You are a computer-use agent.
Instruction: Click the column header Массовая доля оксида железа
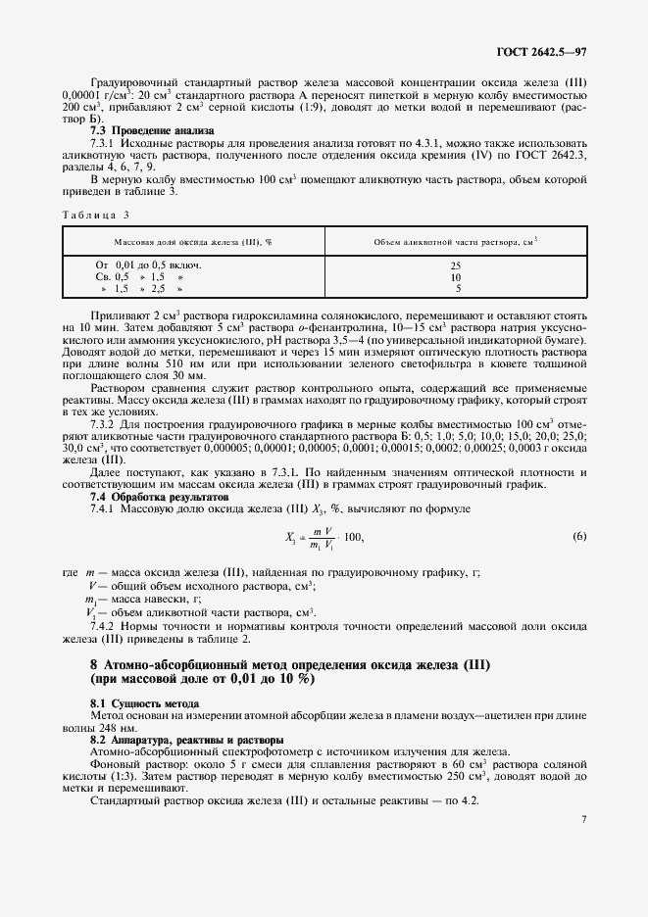pos(192,241)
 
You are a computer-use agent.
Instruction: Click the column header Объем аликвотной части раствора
pos(455,241)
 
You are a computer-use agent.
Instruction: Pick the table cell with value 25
pos(456,265)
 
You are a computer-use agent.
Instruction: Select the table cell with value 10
pos(456,277)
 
